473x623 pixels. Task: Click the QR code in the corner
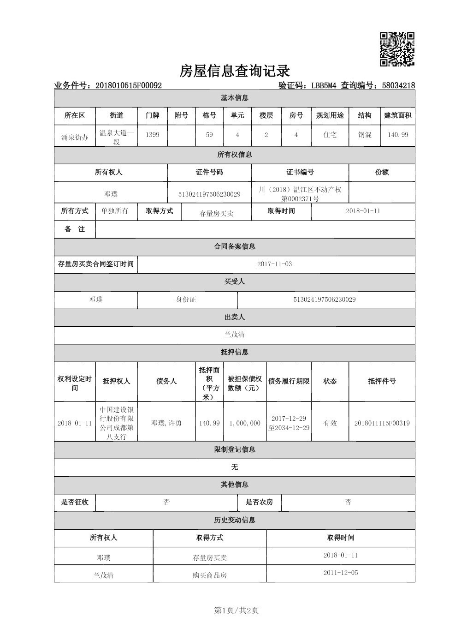[x=397, y=49]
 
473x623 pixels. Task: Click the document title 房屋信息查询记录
[x=234, y=71]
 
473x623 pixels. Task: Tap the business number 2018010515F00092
[x=128, y=85]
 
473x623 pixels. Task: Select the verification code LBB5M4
[x=324, y=85]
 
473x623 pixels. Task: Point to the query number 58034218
[x=398, y=85]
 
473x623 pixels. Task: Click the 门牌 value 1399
[x=152, y=135]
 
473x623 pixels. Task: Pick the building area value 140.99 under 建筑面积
[x=398, y=135]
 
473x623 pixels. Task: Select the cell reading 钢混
[x=364, y=135]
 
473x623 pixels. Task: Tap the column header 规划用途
[x=330, y=115]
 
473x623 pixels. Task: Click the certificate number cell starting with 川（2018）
[x=300, y=194]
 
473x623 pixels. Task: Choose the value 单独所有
[x=115, y=211]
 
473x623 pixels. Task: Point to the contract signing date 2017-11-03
[x=274, y=264]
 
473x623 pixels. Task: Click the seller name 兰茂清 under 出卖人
[x=234, y=335]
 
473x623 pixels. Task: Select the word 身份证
[x=186, y=300]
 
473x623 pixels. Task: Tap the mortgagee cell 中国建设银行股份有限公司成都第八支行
[x=117, y=423]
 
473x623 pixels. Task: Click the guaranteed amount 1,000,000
[x=245, y=423]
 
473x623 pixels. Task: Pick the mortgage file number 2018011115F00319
[x=382, y=423]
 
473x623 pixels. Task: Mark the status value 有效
[x=330, y=423]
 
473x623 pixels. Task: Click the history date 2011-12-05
[x=340, y=573]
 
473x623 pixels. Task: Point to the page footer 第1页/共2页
[x=236, y=611]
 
